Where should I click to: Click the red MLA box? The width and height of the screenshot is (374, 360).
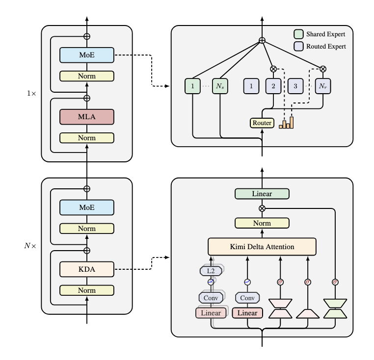click(x=87, y=117)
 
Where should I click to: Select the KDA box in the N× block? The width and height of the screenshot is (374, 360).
click(x=87, y=269)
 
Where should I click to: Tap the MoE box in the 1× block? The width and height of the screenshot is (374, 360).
click(x=87, y=55)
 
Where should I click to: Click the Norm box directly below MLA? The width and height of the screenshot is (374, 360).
click(x=87, y=138)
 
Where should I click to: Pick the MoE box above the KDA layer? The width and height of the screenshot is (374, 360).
click(x=87, y=207)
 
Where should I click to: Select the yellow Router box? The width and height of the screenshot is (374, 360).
click(x=262, y=123)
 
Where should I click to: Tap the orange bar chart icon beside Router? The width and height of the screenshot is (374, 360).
click(x=286, y=123)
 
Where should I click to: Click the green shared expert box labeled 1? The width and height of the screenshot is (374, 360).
click(x=193, y=86)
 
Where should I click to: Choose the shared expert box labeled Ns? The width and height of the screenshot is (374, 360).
click(x=220, y=86)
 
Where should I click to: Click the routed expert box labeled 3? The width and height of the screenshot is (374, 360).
click(x=295, y=86)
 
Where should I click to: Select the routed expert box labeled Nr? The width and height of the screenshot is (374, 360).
click(x=322, y=86)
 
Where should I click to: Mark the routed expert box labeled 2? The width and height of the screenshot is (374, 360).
click(x=273, y=86)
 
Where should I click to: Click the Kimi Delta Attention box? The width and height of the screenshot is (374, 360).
click(x=262, y=246)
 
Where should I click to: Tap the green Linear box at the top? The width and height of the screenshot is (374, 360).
click(x=262, y=194)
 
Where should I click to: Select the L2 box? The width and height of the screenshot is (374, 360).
click(x=211, y=270)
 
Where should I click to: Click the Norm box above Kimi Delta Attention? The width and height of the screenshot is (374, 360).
click(x=262, y=223)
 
